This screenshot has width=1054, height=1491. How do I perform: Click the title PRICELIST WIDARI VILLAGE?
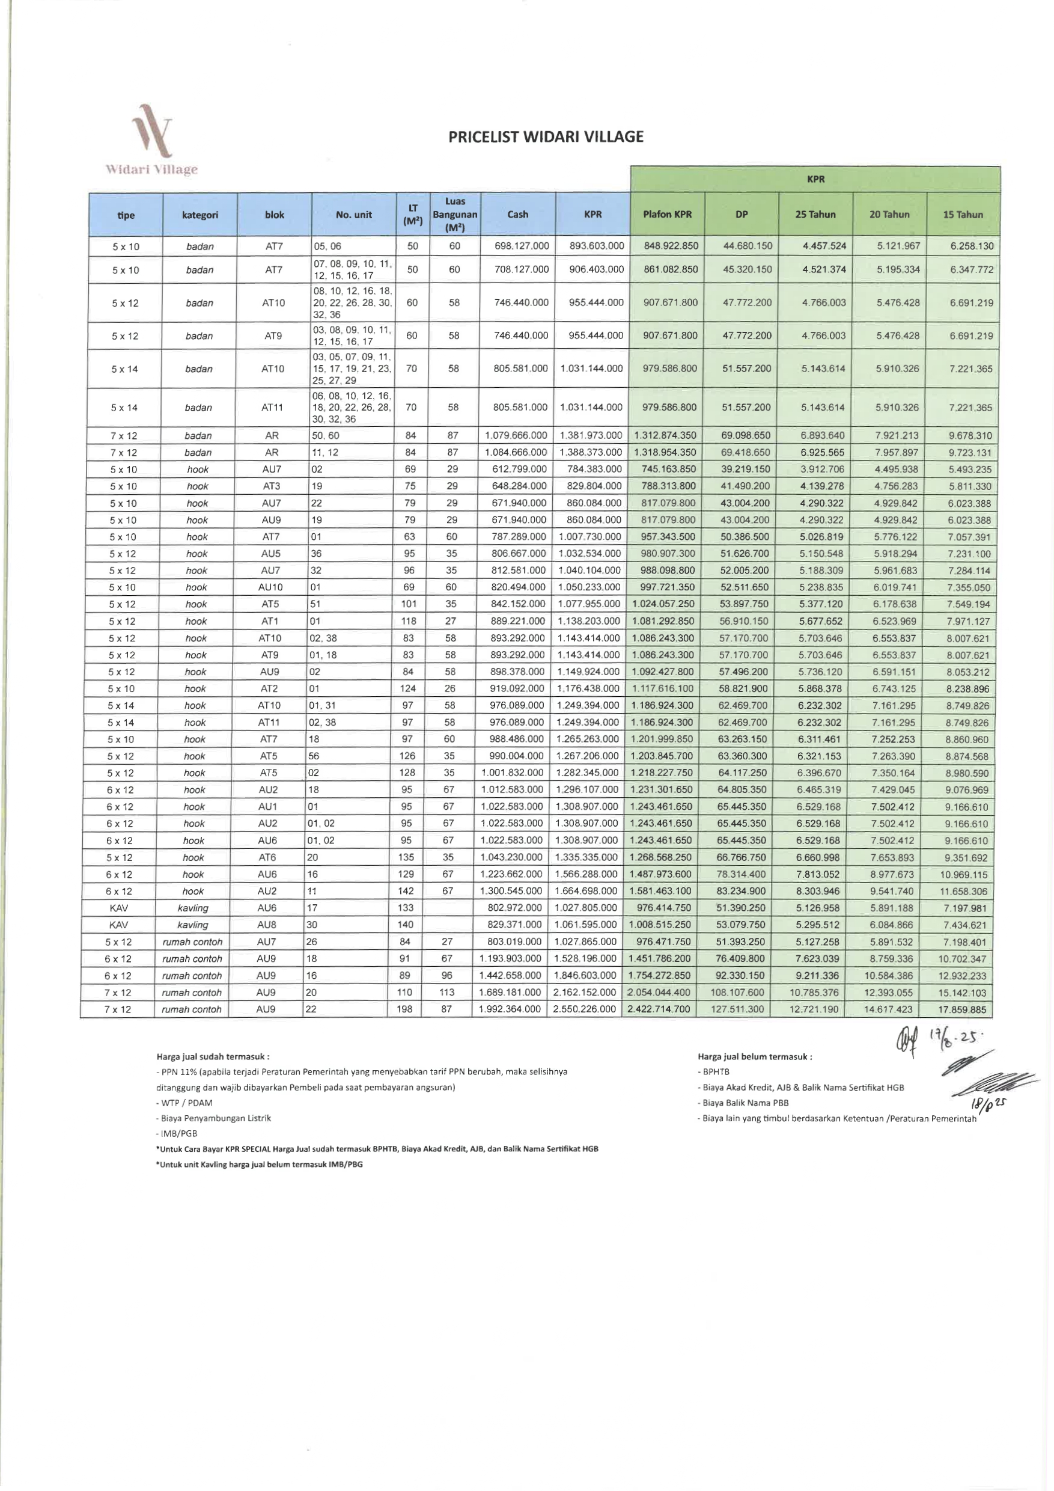tap(546, 137)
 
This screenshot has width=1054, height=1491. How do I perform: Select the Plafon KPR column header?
tap(667, 214)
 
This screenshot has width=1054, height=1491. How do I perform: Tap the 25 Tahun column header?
tap(815, 214)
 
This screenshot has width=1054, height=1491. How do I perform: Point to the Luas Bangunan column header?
tap(455, 214)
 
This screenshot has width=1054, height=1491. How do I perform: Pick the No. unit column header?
tap(354, 214)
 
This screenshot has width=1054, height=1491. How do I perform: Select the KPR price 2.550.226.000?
tap(585, 1009)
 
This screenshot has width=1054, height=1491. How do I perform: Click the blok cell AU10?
tap(270, 587)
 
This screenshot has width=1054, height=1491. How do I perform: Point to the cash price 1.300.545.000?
tap(511, 891)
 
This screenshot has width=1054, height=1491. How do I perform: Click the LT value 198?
tap(404, 1009)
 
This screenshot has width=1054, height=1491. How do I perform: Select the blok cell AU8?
tap(267, 925)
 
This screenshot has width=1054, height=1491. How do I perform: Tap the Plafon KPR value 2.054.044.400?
tap(659, 992)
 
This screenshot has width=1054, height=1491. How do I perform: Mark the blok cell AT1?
tap(269, 621)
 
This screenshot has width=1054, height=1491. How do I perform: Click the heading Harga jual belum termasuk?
tap(754, 1056)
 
